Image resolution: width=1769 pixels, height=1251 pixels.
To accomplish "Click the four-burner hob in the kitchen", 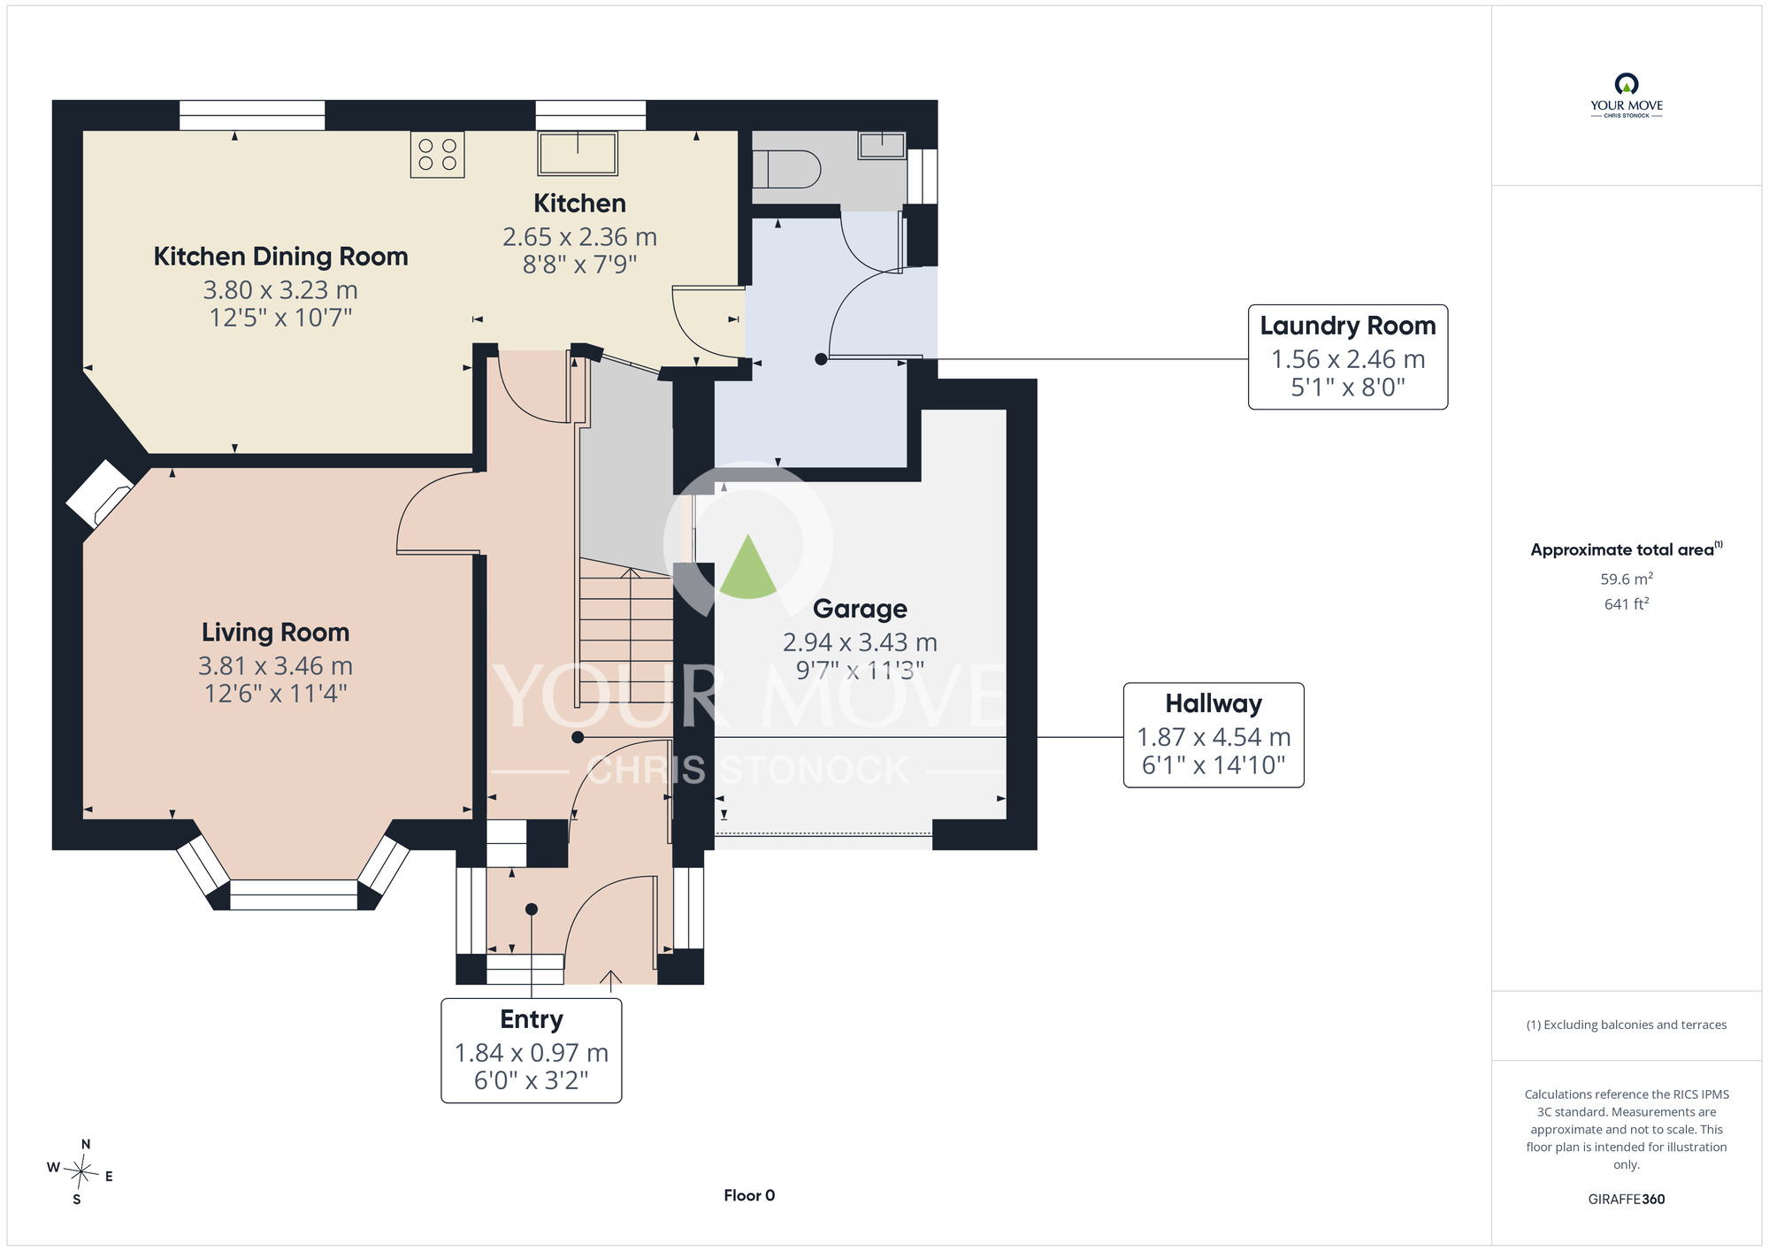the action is (438, 154).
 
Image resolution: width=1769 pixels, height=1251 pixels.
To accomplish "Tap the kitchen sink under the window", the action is (578, 153).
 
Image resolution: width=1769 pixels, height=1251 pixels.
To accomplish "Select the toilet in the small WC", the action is (786, 168).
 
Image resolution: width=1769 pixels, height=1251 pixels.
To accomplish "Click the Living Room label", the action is (276, 633).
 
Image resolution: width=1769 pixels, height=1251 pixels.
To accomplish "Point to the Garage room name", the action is (860, 609).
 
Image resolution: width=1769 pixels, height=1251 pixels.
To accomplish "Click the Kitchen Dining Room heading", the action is (280, 257).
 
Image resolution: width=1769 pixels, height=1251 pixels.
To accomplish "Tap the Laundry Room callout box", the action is (1348, 357).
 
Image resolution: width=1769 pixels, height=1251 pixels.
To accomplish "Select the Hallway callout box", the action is (1214, 735).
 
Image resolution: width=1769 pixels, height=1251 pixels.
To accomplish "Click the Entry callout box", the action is (532, 1051).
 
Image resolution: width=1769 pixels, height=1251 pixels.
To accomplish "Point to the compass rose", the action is (80, 1172).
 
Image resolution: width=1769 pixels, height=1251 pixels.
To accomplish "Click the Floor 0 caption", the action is (749, 1195).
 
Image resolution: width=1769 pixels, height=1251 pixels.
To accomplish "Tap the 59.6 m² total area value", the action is (1627, 579).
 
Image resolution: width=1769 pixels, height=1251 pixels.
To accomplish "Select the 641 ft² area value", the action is (1627, 603).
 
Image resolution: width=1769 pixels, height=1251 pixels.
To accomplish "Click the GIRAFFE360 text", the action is (1627, 1200).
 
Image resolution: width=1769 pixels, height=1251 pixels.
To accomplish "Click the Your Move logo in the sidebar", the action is (1627, 96).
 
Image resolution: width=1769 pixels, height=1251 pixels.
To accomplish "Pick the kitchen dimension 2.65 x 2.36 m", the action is (579, 237).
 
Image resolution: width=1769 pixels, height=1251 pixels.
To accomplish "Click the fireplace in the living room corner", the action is (99, 494).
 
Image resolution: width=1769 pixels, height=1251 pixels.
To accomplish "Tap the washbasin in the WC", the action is (882, 145).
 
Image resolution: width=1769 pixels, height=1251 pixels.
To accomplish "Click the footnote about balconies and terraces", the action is (1627, 1025).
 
